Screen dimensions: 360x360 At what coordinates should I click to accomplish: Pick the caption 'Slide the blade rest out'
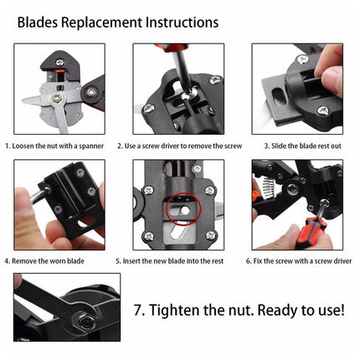(x=301, y=145)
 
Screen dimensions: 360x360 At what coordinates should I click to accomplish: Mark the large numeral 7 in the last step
(x=139, y=309)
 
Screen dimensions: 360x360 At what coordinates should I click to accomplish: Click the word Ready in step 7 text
(x=280, y=309)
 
